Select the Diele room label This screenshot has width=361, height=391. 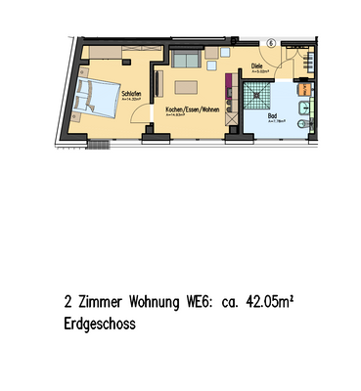point(257,67)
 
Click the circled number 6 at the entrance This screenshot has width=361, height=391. point(271,44)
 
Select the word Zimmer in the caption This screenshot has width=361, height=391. point(103,303)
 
